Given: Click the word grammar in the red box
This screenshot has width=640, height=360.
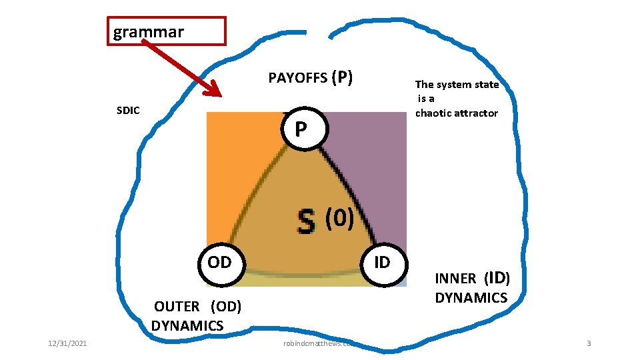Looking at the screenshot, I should [x=148, y=31].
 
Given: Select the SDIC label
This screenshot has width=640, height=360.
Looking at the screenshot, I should [x=128, y=111].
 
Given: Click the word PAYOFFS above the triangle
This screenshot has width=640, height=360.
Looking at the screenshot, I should [x=297, y=79].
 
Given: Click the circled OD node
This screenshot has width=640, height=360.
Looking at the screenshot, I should [x=219, y=262].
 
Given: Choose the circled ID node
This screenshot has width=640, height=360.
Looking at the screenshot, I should [x=382, y=262].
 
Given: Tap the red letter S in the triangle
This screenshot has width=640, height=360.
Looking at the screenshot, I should [x=306, y=222].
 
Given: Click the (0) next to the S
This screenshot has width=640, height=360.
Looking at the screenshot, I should [x=339, y=217].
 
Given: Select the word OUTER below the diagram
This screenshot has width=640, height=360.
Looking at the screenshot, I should [x=177, y=307].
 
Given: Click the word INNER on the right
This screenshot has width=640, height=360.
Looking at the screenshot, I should [x=455, y=279].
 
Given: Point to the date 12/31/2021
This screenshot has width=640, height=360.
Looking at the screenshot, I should [x=67, y=343].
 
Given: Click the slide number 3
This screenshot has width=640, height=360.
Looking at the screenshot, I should [x=589, y=343].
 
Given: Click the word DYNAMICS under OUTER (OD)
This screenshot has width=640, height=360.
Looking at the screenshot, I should [x=187, y=325].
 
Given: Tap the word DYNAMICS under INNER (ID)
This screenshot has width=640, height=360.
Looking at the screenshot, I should [x=471, y=297].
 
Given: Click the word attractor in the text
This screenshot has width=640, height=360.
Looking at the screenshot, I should [x=477, y=113].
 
